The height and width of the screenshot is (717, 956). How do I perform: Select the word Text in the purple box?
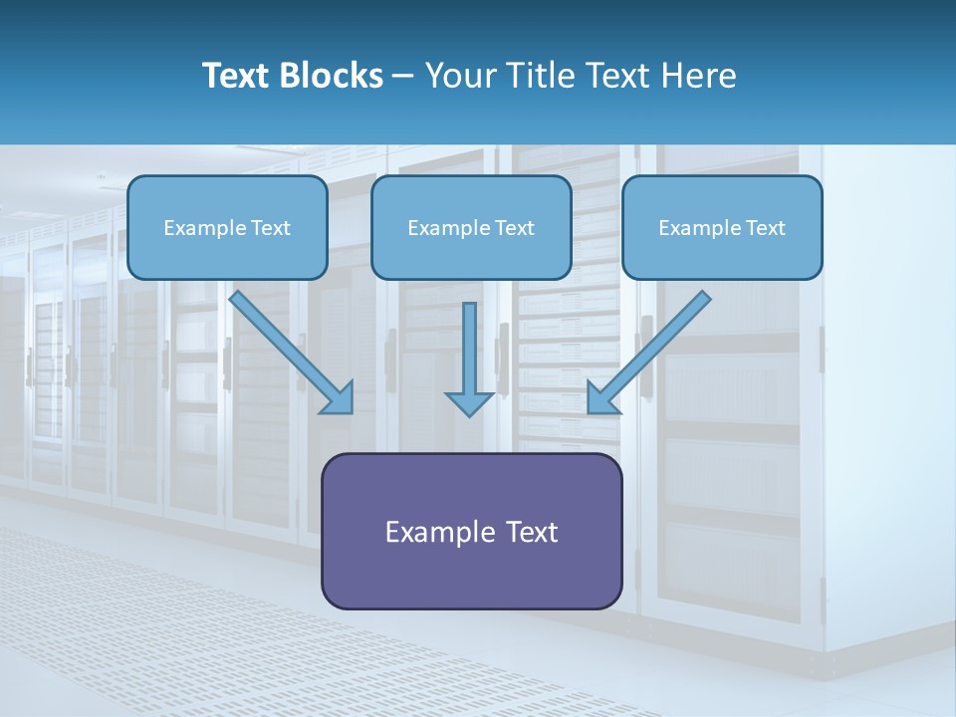[532, 532]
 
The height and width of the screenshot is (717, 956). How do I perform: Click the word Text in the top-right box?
[765, 228]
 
